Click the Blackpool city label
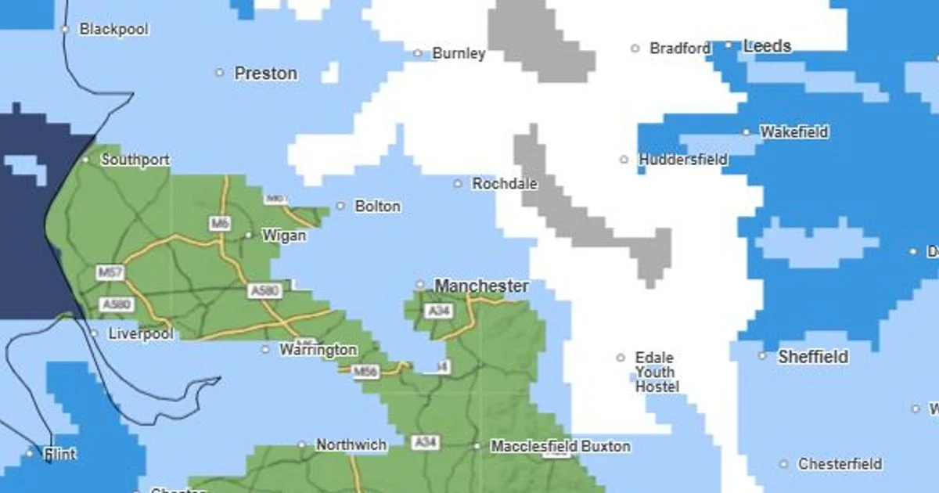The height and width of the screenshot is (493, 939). coord(113,30)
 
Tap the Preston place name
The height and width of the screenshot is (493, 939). coord(265,74)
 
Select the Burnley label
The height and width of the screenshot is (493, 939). coord(459,54)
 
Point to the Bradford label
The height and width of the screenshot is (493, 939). coord(680,49)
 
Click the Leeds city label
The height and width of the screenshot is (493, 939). coord(767,46)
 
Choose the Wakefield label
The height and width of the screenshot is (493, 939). coord(793,132)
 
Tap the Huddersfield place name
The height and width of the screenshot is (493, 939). coord(683,160)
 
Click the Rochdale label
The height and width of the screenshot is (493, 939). coord(505,185)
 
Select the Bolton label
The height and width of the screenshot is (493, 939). coord(377,207)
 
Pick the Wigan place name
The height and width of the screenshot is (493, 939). coord(283,236)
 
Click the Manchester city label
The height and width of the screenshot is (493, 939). coord(481,286)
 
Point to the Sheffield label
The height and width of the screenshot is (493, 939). coord(812,357)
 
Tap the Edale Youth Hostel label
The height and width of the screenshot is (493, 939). coord(657,372)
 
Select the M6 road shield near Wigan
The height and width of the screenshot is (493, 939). coord(220,224)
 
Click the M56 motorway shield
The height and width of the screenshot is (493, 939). coord(365,372)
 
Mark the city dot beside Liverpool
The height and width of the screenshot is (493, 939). coord(94,334)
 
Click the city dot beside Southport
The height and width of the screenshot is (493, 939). coord(86,160)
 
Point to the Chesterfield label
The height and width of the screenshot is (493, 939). coord(840,464)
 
